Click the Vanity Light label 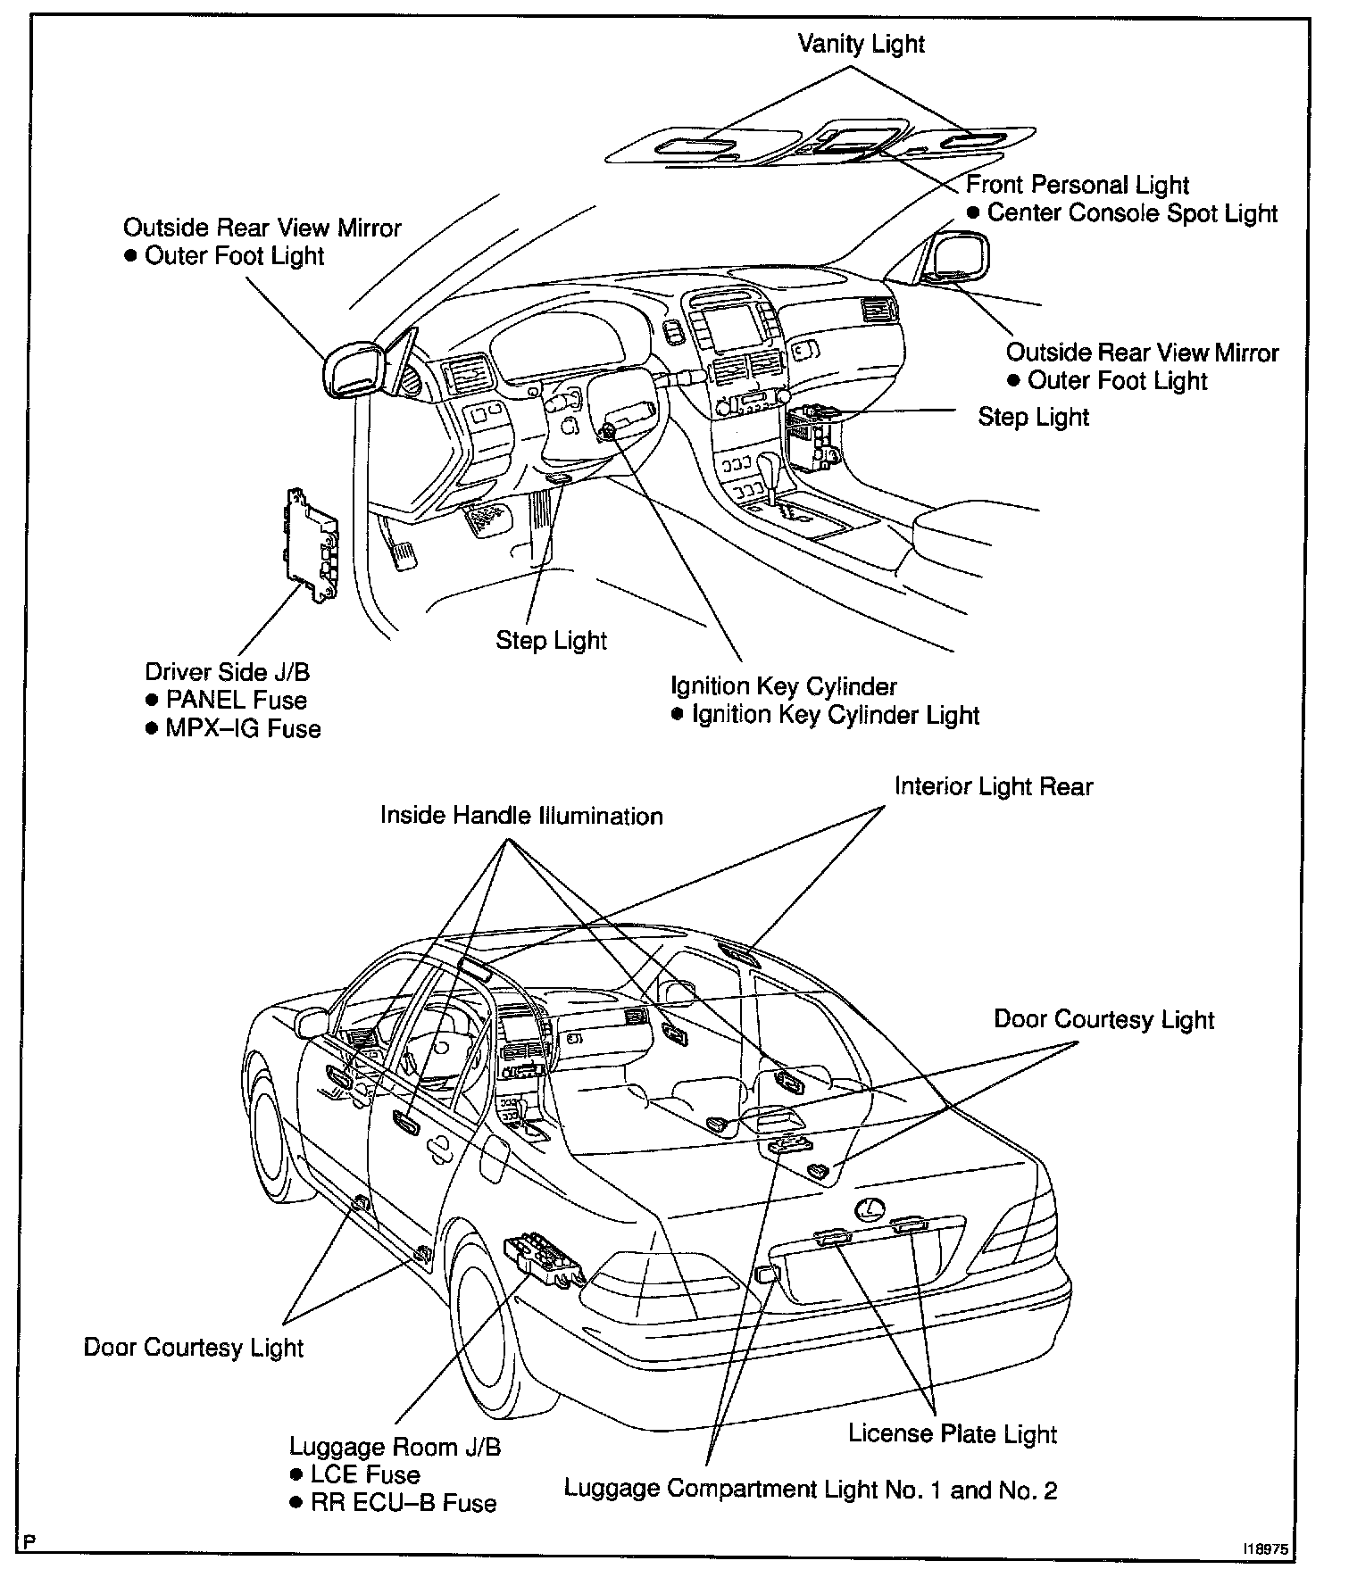(861, 44)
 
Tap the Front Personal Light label (1078, 185)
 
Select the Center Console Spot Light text (1132, 213)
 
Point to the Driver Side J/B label (227, 672)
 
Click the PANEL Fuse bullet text (236, 701)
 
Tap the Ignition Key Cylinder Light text (835, 715)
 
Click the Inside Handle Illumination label (521, 816)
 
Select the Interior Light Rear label (994, 786)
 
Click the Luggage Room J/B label (395, 1446)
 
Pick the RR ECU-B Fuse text (403, 1503)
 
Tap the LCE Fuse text (365, 1474)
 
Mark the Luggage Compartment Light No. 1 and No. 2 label (811, 1489)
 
